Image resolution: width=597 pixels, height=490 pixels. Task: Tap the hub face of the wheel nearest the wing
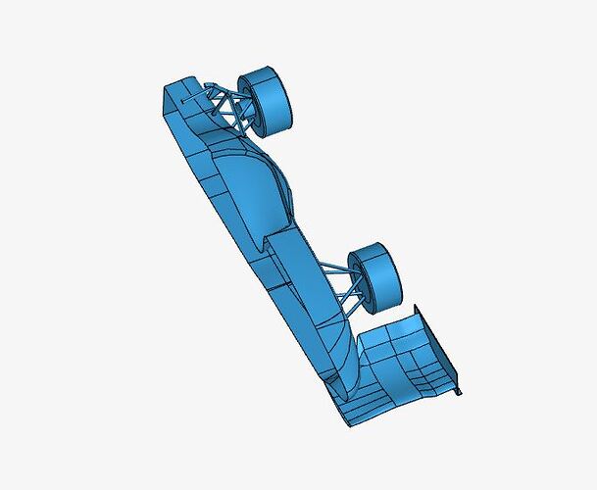[385, 276]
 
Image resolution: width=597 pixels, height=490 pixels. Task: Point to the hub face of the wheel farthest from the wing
[275, 98]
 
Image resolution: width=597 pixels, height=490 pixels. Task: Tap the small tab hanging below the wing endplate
[459, 391]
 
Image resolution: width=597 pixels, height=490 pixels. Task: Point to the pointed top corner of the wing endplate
[419, 306]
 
